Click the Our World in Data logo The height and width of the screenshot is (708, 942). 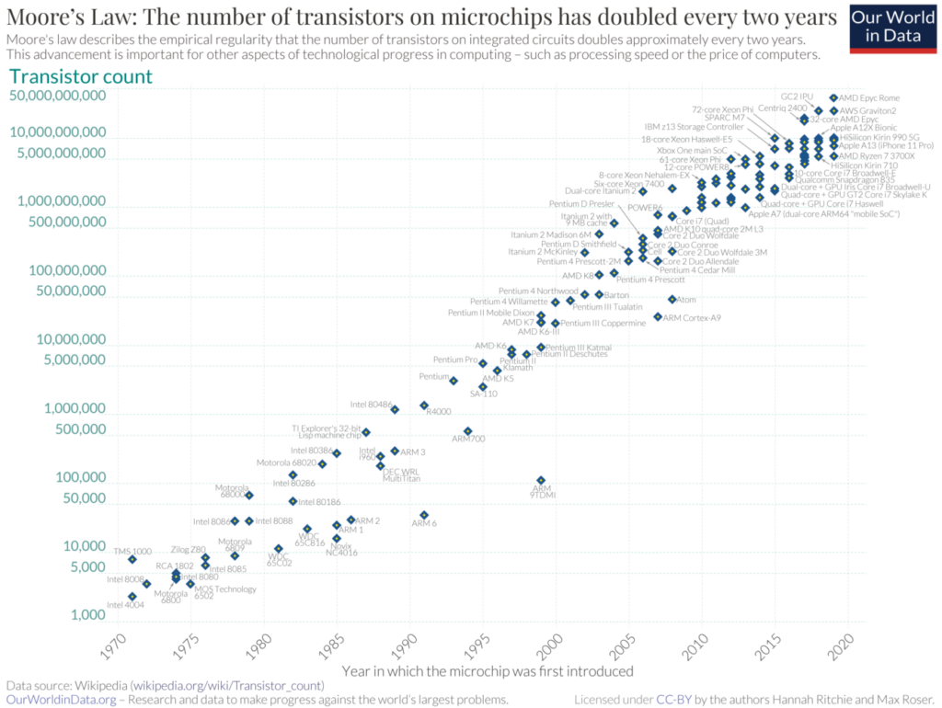[x=891, y=29]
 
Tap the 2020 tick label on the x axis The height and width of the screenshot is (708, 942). [x=841, y=647]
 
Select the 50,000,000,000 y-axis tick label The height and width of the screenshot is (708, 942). [x=57, y=95]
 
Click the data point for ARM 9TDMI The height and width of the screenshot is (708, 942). [x=541, y=480]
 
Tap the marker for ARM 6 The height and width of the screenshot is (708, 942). [x=424, y=515]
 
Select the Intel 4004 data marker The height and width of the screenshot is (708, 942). [x=132, y=596]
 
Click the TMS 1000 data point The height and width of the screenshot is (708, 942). [x=132, y=559]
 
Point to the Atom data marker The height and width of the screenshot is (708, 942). [x=672, y=299]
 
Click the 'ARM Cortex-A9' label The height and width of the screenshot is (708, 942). [x=692, y=317]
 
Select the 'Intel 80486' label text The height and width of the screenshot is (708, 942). [x=371, y=405]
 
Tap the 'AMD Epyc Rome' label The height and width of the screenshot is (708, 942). [x=868, y=97]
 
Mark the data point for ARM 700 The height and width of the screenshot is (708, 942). [x=468, y=430]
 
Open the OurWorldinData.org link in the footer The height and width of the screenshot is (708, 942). [x=61, y=700]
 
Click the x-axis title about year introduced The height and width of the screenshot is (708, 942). [x=472, y=672]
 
